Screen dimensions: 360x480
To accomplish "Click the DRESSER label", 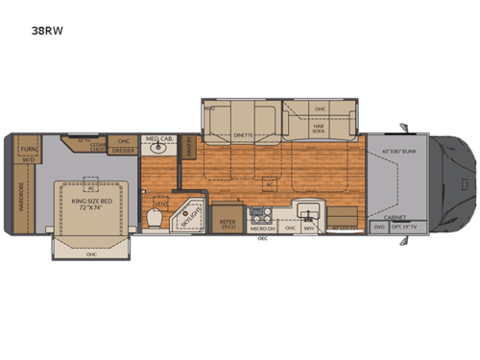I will pyautogui.click(x=122, y=150).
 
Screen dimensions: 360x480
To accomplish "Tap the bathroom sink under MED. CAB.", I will pyautogui.click(x=154, y=150).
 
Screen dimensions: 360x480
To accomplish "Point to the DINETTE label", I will pyautogui.click(x=244, y=135).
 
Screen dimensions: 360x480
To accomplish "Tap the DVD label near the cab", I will pyautogui.click(x=379, y=227).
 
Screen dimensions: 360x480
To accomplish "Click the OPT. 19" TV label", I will pyautogui.click(x=405, y=227).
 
